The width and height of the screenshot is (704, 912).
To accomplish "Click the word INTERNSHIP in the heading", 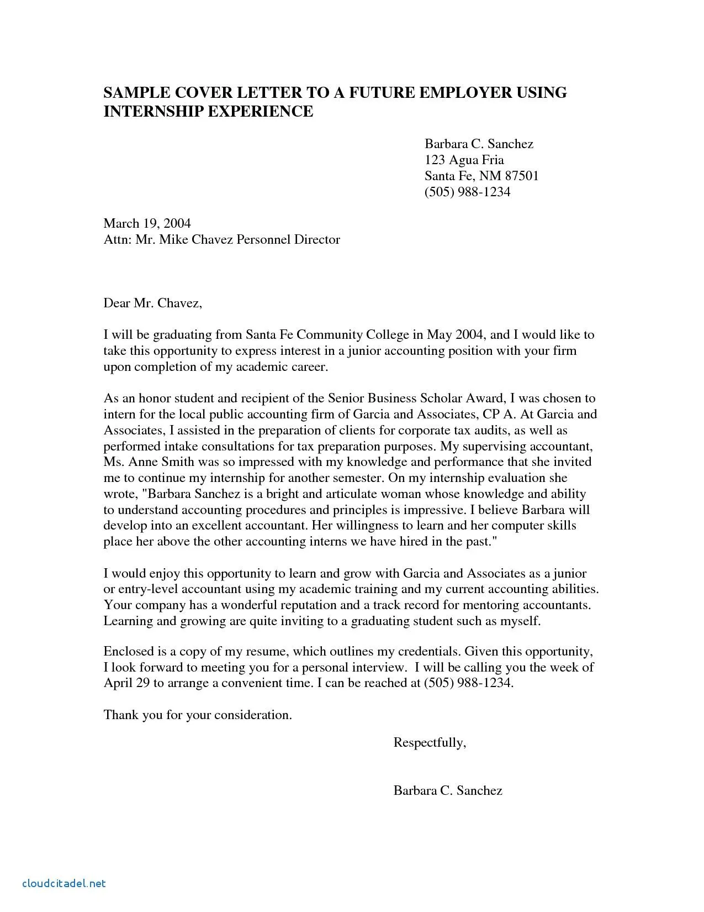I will click(153, 112).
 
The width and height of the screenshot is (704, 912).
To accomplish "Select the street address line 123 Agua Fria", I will click(464, 160).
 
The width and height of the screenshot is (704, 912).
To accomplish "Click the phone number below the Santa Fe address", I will click(467, 192).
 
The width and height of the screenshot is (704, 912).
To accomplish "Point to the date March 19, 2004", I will click(147, 224).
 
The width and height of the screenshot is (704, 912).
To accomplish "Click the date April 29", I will click(126, 684).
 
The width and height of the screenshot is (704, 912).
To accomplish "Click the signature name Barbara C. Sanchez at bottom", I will click(447, 791).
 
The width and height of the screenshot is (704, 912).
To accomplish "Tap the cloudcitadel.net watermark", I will click(63, 883).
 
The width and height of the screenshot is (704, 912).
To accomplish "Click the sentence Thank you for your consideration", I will click(197, 715).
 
